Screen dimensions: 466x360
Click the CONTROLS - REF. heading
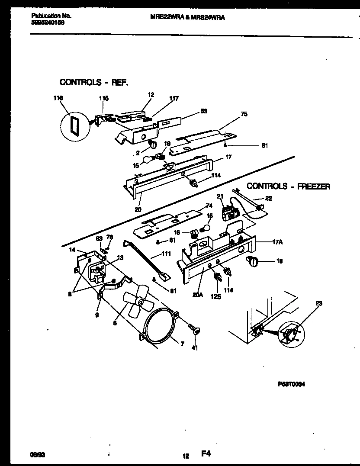(x=94, y=82)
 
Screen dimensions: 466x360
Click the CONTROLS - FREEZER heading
(x=289, y=186)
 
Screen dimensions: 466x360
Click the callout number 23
(x=319, y=303)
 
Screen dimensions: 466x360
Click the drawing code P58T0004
(x=292, y=384)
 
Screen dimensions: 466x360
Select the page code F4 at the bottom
(x=206, y=454)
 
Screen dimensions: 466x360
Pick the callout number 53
(x=203, y=111)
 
